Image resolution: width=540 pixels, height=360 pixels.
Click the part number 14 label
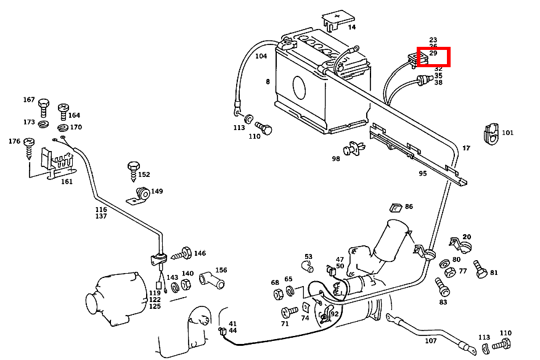pos(351,27)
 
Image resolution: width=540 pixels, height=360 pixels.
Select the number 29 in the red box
pos(433,54)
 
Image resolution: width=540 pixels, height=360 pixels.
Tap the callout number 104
pos(261,56)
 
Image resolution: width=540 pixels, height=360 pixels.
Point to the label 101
pos(507,133)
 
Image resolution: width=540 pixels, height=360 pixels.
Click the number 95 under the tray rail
pos(422,174)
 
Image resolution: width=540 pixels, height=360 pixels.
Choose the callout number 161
pos(67,182)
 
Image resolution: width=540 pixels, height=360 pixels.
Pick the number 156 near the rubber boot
pos(221,270)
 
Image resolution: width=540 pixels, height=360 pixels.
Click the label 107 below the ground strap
pos(430,341)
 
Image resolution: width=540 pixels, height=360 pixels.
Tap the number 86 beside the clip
pos(409,207)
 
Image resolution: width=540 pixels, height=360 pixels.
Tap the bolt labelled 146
pos(181,253)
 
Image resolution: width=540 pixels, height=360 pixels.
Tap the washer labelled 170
pos(63,128)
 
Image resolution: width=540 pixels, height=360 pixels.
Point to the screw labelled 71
pos(288,311)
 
